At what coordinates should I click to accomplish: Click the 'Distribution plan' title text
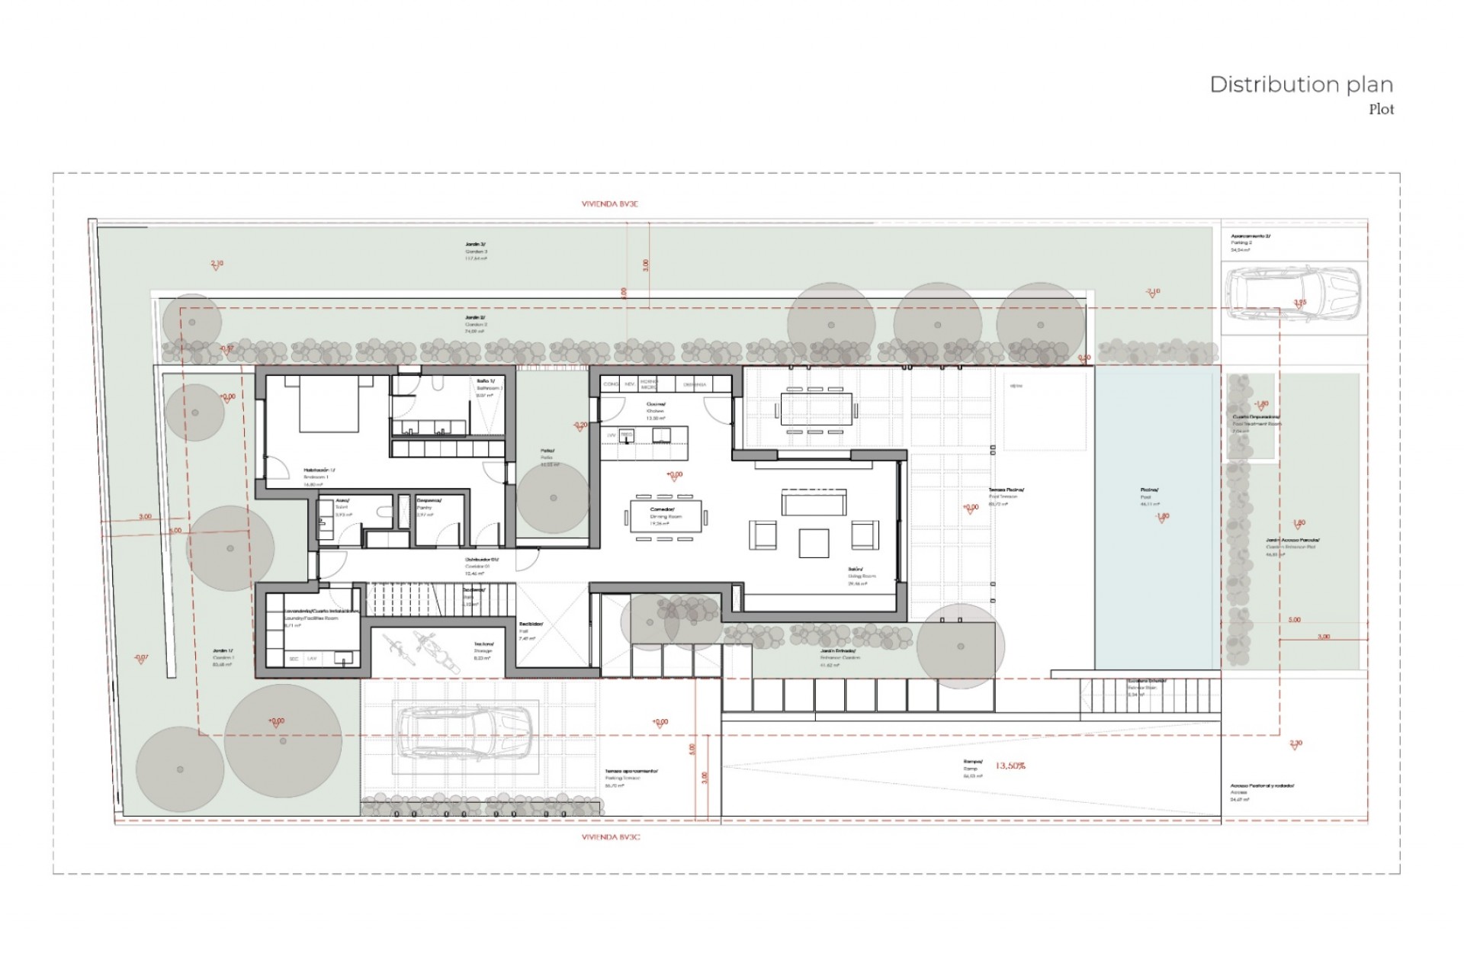[x=1301, y=85]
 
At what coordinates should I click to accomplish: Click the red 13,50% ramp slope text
[x=1010, y=766]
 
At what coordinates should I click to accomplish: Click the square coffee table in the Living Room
[x=814, y=543]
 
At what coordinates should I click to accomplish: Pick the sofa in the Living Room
[x=814, y=503]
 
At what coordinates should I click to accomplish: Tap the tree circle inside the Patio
[x=554, y=498]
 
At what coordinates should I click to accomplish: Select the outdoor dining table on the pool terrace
[x=815, y=409]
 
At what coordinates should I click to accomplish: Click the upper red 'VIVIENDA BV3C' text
[x=609, y=204]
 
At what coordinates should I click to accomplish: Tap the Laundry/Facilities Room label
[x=311, y=615]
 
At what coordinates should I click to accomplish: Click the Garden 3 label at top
[x=476, y=251]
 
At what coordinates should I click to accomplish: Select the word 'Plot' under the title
[x=1381, y=110]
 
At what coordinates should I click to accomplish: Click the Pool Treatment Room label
[x=1257, y=420]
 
